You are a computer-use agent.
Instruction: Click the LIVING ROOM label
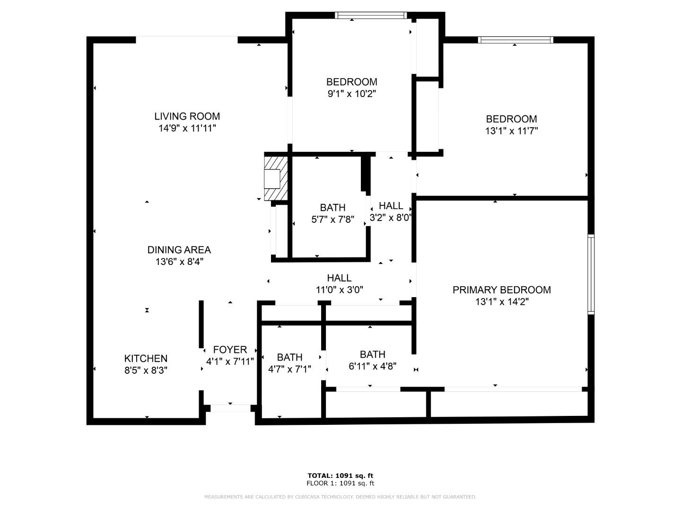click(187, 116)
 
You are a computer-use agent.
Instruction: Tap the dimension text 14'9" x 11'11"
click(187, 128)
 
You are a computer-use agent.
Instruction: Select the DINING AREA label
click(179, 250)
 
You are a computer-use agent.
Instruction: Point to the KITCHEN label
click(146, 359)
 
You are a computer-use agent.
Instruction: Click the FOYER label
click(230, 350)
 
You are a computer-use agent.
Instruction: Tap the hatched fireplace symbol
click(275, 178)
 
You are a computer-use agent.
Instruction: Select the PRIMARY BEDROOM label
click(501, 290)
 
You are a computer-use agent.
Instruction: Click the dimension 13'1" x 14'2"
click(501, 302)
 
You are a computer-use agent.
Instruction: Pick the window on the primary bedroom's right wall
click(591, 274)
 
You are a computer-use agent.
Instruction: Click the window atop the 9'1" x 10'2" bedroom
click(370, 16)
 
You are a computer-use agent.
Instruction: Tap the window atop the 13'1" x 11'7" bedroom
click(515, 40)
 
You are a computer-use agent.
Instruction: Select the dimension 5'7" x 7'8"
click(332, 220)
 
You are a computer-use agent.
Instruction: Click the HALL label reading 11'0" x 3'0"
click(339, 278)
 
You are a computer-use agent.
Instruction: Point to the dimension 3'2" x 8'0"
click(391, 218)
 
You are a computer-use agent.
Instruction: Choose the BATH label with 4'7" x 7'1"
click(289, 357)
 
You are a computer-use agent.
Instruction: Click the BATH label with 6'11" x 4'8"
click(372, 354)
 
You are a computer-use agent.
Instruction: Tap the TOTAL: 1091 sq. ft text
click(340, 476)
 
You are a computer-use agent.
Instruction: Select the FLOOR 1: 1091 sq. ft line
click(340, 484)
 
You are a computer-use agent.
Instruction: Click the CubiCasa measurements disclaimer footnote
click(340, 497)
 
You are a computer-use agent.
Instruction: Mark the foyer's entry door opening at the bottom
click(230, 407)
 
